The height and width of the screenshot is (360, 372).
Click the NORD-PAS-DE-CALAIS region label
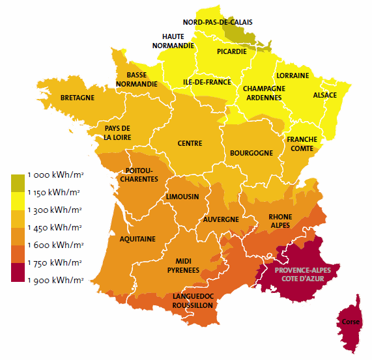tap(217, 22)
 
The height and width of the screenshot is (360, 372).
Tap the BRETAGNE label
tap(78, 98)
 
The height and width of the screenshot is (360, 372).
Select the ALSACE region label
tap(325, 95)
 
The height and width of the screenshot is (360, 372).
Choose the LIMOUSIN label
tap(182, 197)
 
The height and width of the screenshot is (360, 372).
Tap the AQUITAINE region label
tap(137, 239)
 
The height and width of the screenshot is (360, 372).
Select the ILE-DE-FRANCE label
tap(207, 83)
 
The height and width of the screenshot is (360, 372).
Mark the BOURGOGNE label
tap(251, 153)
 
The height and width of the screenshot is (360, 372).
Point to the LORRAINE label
tap(293, 76)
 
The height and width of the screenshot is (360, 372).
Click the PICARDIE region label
tap(232, 51)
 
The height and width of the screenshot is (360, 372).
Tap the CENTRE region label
tap(190, 143)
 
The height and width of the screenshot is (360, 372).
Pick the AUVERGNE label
tap(221, 219)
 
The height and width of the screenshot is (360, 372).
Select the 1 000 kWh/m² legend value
tap(55, 175)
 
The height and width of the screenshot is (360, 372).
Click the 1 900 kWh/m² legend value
tap(55, 281)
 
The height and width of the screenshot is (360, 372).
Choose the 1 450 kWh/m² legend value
tap(55, 228)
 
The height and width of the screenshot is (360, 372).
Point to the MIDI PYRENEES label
tap(177, 264)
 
